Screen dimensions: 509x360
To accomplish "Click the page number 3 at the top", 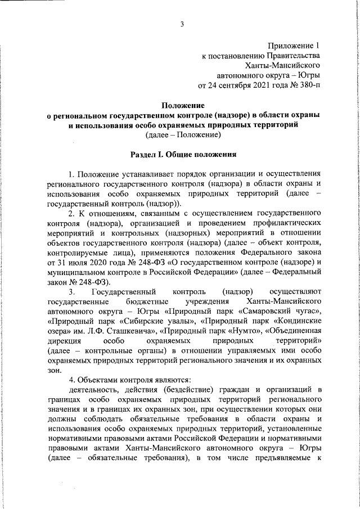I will (182, 23).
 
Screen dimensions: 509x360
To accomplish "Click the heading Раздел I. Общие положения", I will (183, 154).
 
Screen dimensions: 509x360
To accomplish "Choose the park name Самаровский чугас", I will (281, 312).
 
